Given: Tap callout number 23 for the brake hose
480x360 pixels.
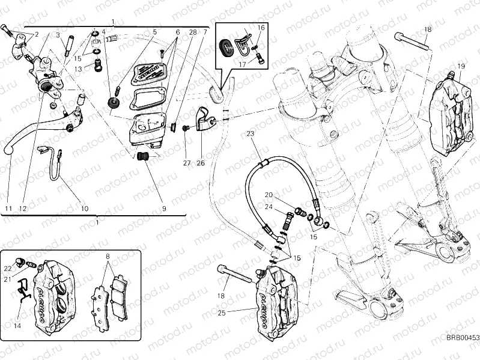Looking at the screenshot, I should tap(251, 133).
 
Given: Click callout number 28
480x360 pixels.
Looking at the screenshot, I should tap(193, 32).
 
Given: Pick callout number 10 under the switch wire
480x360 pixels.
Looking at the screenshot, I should tap(84, 209).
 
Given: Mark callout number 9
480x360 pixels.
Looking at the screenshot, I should tap(163, 209).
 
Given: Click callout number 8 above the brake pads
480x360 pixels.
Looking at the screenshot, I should tap(108, 257).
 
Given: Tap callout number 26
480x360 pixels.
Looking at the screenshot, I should tap(201, 163).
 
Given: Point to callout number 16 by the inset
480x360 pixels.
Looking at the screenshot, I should tap(261, 28).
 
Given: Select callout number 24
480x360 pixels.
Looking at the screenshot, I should tap(268, 207).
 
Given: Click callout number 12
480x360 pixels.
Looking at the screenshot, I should tap(23, 209).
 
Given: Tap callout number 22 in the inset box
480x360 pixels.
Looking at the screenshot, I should tap(7, 268).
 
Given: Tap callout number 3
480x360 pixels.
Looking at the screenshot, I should tap(59, 35).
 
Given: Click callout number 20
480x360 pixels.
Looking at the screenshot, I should tap(268, 195).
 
